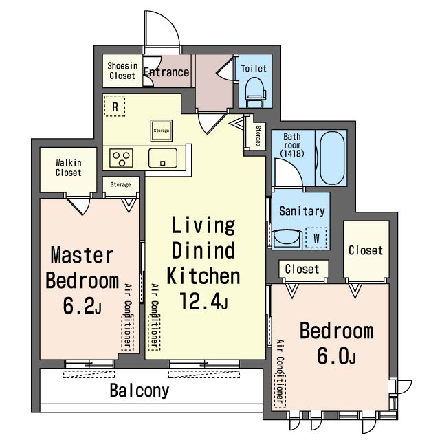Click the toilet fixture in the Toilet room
point(255,92)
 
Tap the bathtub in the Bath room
point(332,158)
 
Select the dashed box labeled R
point(115,106)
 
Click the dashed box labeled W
point(316,238)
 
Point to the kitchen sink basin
point(163,158)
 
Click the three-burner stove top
point(121,158)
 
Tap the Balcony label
point(140,390)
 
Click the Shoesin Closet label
point(122,71)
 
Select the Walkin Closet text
point(69,168)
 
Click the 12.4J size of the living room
point(203,301)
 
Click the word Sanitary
point(302,211)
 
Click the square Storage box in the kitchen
point(162,131)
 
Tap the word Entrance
point(166,72)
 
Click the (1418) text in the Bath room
point(292,153)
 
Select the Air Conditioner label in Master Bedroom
point(128,317)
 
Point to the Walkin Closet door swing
point(79,206)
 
